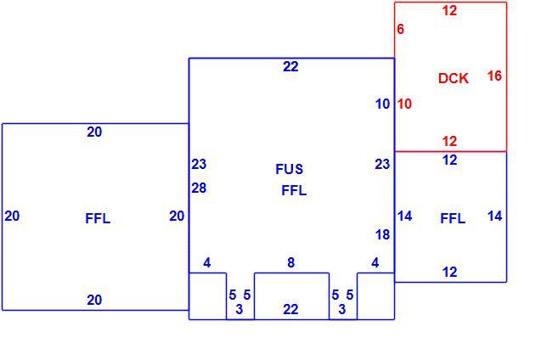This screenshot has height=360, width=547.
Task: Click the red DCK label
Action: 454,78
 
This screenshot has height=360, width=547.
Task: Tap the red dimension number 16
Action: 494,76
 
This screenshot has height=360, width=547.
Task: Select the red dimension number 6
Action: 401,29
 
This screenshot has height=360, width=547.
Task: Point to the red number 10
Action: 404,104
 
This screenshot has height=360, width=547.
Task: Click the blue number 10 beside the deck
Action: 383,104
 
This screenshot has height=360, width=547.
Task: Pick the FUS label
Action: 289,169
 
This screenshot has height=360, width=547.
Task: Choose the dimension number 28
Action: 199,188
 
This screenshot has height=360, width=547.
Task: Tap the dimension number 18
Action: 383,235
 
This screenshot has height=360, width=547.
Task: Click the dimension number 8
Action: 291,262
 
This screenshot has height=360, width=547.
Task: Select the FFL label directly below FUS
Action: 294,190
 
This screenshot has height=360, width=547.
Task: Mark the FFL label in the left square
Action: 98,218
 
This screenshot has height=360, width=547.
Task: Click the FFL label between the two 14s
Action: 453,218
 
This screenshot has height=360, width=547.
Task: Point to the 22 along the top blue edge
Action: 290,66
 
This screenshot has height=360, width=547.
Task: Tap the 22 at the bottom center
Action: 290,309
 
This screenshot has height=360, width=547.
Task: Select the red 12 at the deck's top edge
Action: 449,10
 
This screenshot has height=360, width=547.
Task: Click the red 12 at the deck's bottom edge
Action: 449,141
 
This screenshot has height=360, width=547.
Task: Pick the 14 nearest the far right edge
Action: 494,216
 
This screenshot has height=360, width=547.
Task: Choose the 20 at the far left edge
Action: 12,216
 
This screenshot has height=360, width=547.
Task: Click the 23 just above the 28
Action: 199,164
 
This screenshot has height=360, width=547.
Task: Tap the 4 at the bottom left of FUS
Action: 207,262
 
